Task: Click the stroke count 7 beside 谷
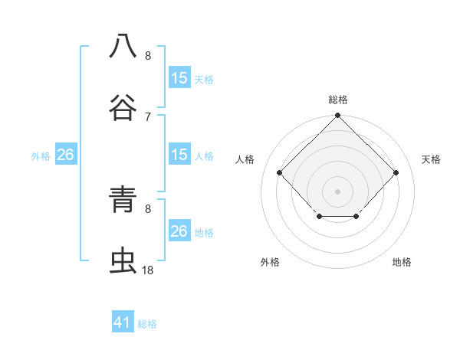click(x=148, y=116)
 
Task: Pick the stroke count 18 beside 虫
click(x=148, y=270)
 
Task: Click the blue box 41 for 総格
click(x=123, y=322)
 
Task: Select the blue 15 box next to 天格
click(x=179, y=78)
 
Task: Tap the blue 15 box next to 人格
click(x=179, y=155)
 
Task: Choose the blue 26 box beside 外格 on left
click(x=65, y=155)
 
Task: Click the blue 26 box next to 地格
click(x=179, y=231)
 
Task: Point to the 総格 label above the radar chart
click(x=338, y=100)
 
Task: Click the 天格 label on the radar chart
click(x=431, y=159)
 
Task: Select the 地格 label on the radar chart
click(x=402, y=262)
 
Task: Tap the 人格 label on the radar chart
click(x=245, y=159)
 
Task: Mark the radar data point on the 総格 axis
click(x=338, y=117)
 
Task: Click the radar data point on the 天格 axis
click(x=396, y=172)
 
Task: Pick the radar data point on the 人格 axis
click(x=280, y=172)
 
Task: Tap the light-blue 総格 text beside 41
click(x=147, y=324)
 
